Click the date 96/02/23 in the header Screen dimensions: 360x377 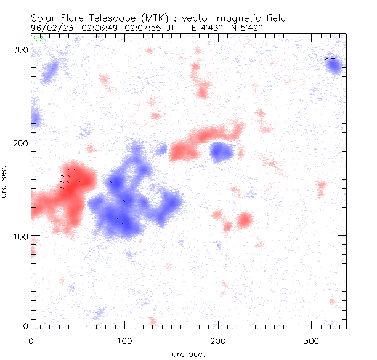click(50, 28)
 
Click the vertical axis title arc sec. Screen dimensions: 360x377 click(5, 181)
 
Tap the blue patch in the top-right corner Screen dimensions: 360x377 click(334, 66)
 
